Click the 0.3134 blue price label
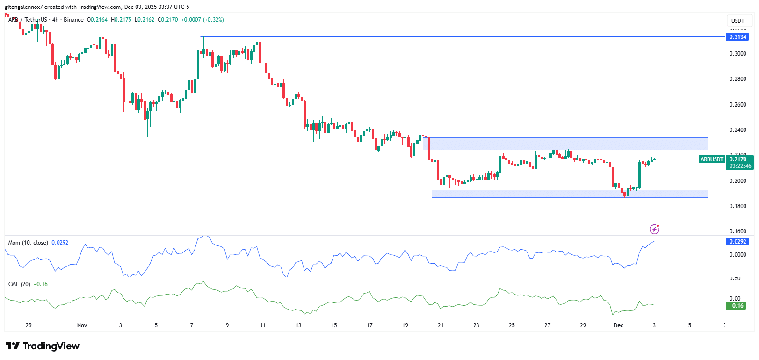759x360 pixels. click(737, 37)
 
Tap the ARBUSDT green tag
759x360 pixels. click(711, 159)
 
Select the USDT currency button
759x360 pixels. click(737, 21)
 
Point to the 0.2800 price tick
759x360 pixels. click(737, 79)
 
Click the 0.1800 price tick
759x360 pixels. click(737, 206)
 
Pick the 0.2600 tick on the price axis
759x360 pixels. click(737, 105)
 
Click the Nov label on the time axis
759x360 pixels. click(82, 325)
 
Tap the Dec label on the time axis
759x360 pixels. click(618, 325)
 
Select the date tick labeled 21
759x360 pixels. click(441, 325)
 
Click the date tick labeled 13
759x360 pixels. click(298, 325)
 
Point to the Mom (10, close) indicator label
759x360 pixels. click(28, 243)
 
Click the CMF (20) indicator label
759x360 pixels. click(19, 284)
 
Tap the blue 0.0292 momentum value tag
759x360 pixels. click(737, 242)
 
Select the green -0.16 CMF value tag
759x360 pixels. click(736, 306)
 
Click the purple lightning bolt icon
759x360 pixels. click(654, 229)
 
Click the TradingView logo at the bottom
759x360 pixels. click(43, 346)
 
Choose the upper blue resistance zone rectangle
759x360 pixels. click(566, 144)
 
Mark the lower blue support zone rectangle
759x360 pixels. click(569, 194)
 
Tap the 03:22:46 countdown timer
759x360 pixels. click(740, 166)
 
